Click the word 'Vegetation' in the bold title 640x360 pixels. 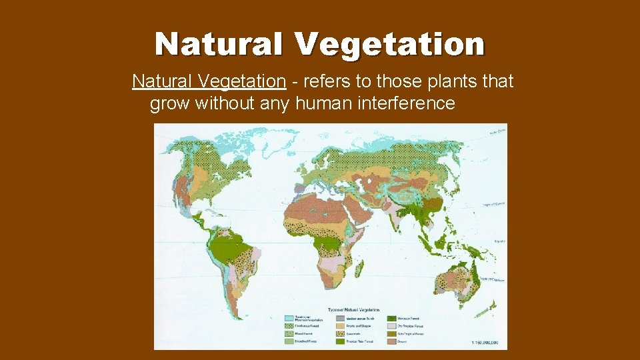[x=390, y=45]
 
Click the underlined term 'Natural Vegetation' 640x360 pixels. [x=209, y=81]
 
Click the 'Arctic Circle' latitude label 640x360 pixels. [x=497, y=131]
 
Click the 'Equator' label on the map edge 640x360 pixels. [x=499, y=241]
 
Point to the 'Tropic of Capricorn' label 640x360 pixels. [x=496, y=280]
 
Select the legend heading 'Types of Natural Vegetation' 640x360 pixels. [x=353, y=310]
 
